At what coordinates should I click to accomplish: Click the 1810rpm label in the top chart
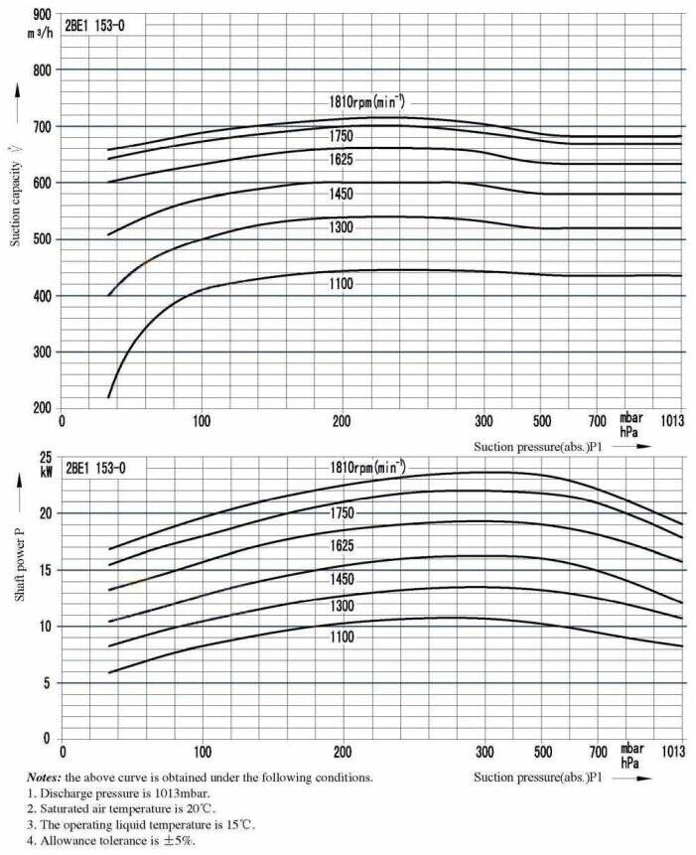pos(367,102)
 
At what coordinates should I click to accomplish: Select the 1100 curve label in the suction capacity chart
pos(341,284)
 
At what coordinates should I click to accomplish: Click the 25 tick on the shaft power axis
pos(45,458)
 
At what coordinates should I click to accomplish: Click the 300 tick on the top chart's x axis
pos(485,419)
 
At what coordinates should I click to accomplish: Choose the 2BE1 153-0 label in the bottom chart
pos(102,467)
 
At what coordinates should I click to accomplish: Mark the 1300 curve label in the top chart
pos(341,227)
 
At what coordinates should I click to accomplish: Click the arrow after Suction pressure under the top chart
pos(636,447)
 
